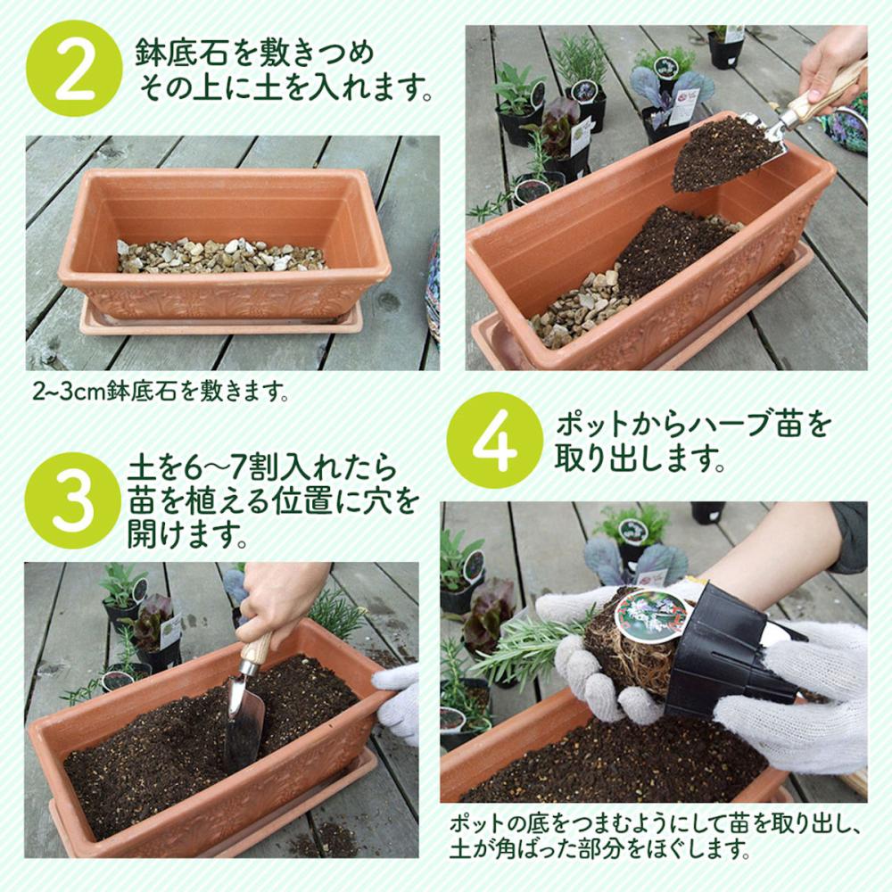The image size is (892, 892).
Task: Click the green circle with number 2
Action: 74,69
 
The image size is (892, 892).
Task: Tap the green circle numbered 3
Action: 73,500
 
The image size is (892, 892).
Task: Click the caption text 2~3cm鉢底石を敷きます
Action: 161,392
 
